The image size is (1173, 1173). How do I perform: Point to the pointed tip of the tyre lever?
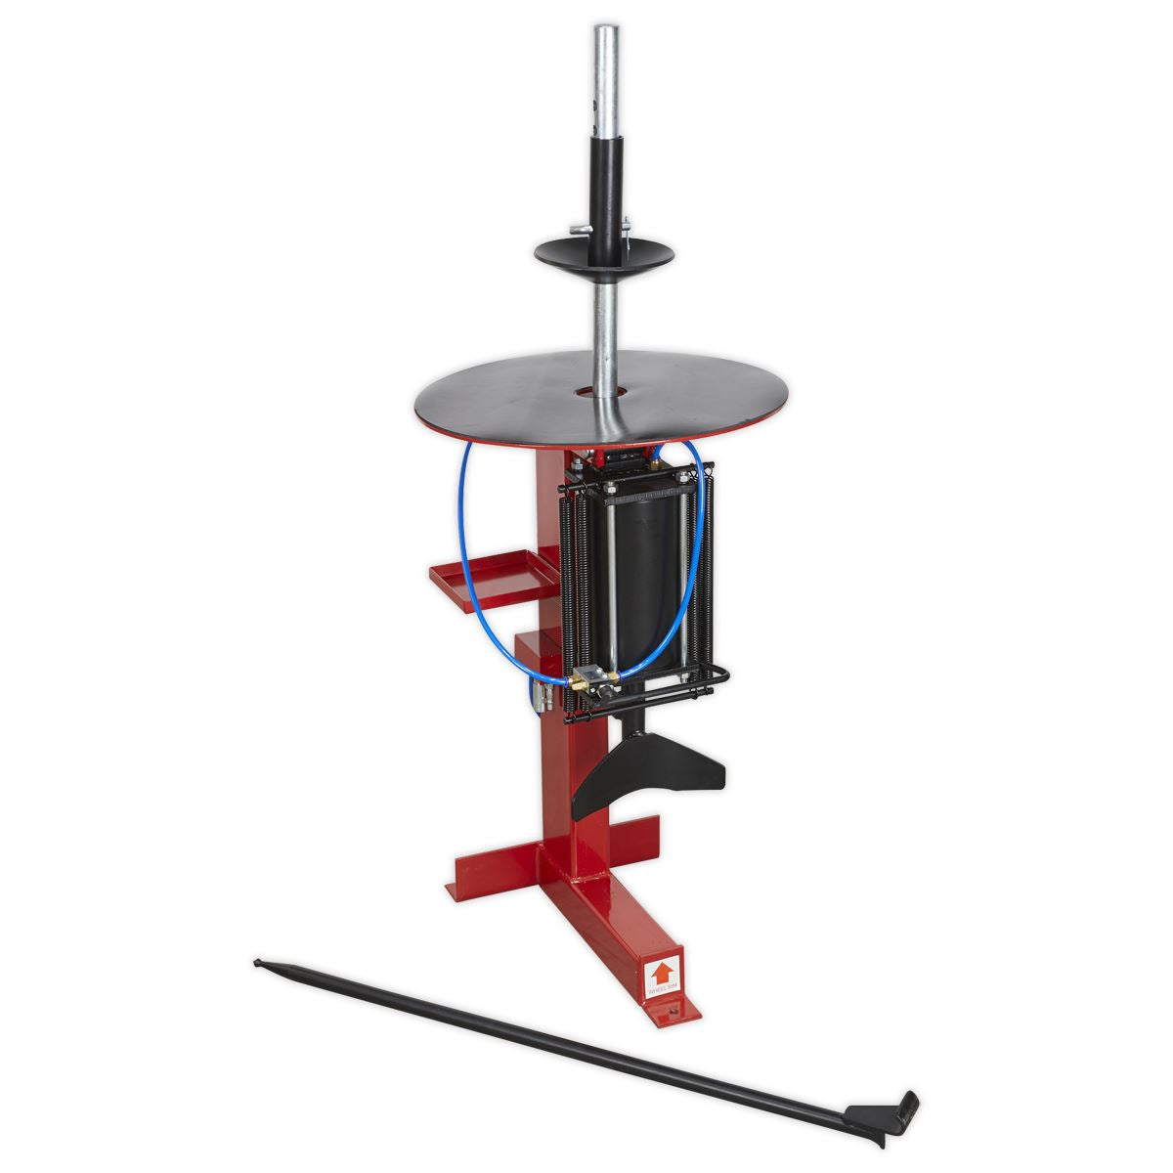click(x=258, y=963)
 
